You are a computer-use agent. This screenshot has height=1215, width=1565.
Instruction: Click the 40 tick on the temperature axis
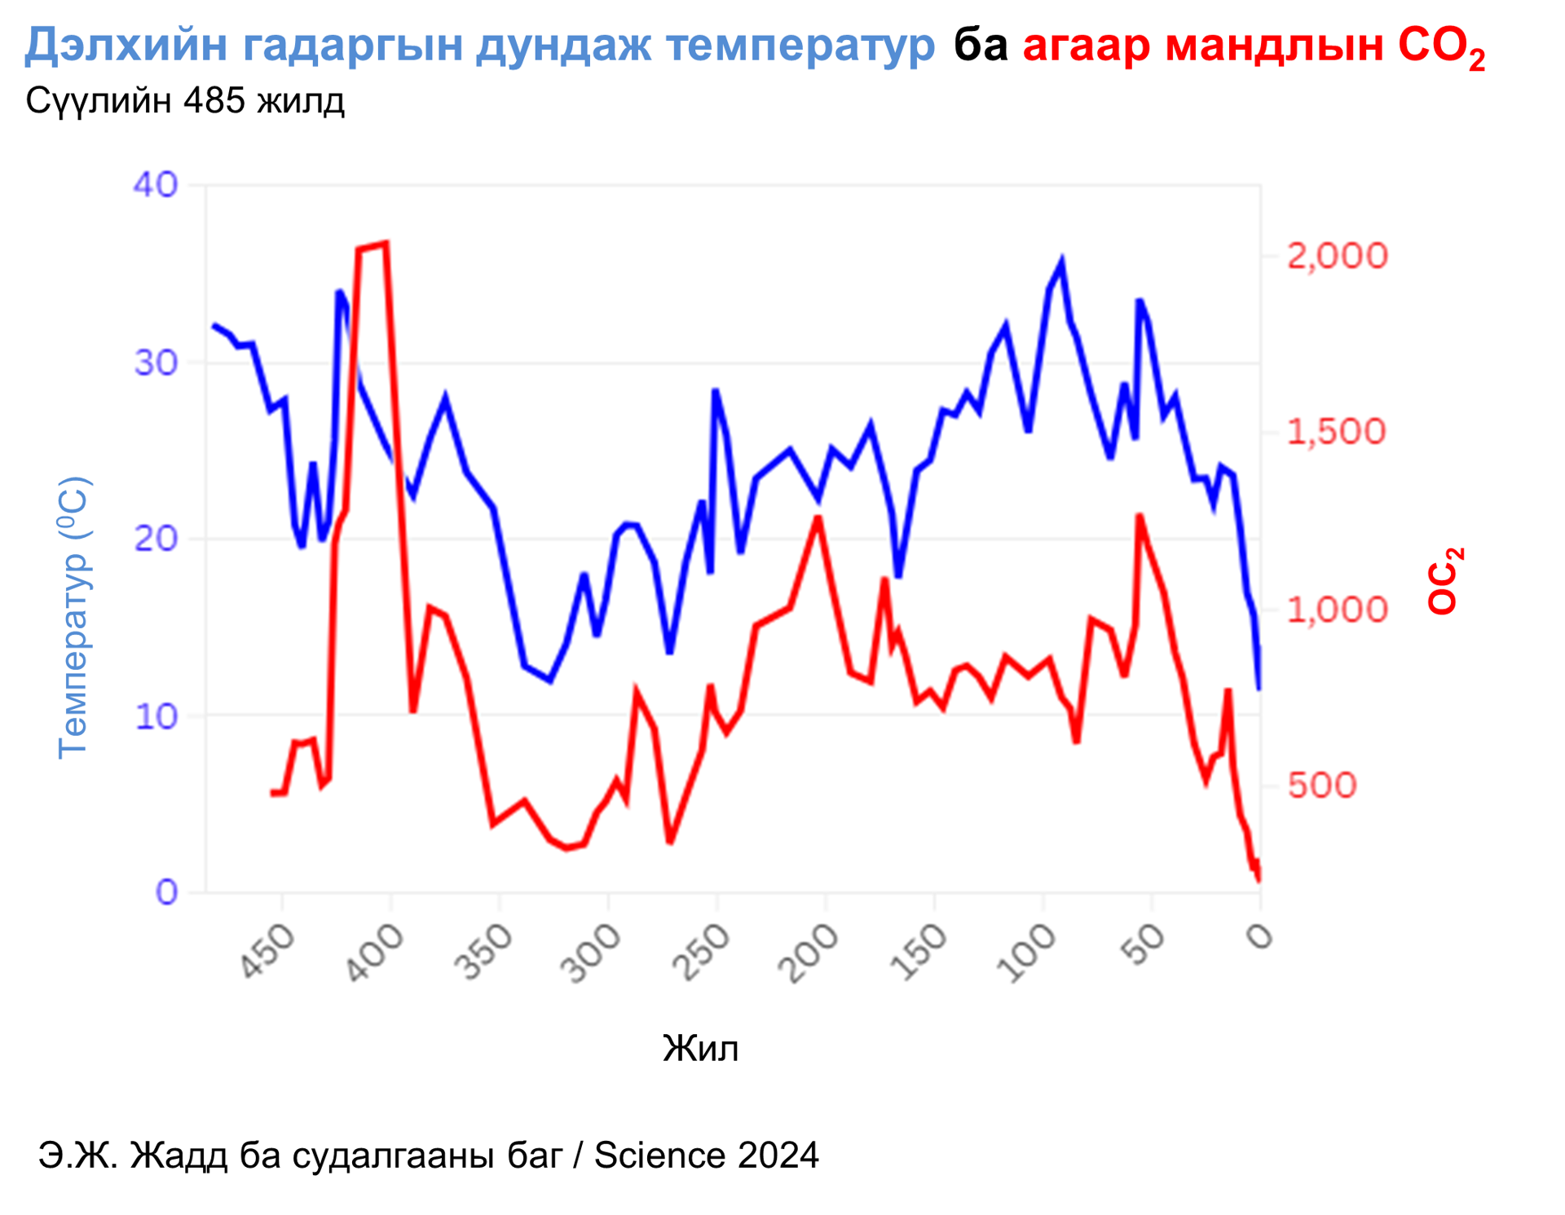155,185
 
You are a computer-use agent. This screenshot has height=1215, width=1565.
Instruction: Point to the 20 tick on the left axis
155,539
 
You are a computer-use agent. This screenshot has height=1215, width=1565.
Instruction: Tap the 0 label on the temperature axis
166,892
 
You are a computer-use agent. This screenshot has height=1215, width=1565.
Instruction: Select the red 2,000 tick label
1337,256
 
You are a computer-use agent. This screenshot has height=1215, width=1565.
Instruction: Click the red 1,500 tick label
1336,432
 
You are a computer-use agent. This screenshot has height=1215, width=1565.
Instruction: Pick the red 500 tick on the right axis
1321,785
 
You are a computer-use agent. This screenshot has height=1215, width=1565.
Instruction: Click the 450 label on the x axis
267,950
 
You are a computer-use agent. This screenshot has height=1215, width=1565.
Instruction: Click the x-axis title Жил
700,1049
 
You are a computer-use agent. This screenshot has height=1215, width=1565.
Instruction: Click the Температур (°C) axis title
73,618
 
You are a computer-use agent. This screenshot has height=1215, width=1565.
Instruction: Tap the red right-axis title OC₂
1444,580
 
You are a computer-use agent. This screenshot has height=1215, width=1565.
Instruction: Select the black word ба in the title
981,44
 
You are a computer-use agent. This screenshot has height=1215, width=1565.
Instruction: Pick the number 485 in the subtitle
214,101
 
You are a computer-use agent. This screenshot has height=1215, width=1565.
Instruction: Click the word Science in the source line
659,1155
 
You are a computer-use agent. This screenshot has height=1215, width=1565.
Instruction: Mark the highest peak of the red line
386,243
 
